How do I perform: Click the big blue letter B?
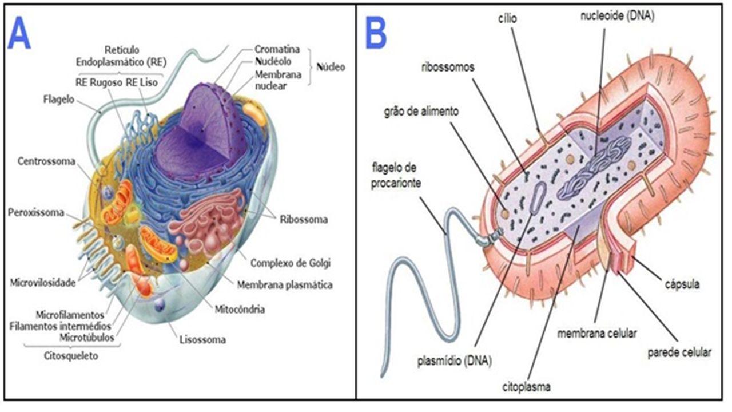(x=376, y=33)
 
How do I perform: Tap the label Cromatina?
(x=277, y=49)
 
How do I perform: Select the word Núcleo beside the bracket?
(x=331, y=67)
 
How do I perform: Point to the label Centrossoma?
(x=46, y=161)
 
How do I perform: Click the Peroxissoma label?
(x=36, y=212)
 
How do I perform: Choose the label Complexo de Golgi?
(x=291, y=263)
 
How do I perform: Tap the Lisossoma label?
(x=202, y=340)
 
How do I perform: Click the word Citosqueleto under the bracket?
(x=71, y=356)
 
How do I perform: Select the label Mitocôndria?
(x=240, y=310)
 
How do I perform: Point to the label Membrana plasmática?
(x=285, y=285)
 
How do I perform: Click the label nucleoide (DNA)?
(x=617, y=16)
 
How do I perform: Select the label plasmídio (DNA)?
(x=455, y=360)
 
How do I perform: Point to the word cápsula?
(x=682, y=284)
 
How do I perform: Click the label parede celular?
(x=679, y=353)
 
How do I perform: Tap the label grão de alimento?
(x=421, y=112)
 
